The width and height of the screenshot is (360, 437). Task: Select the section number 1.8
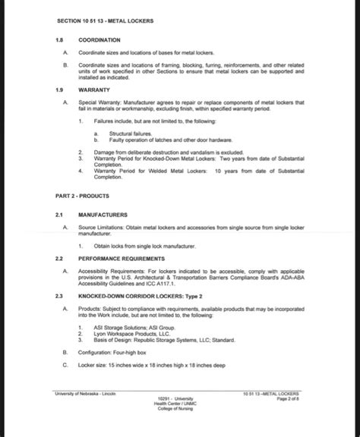[61, 39]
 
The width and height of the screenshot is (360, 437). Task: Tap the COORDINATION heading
[99, 39]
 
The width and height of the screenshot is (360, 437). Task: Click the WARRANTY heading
[94, 89]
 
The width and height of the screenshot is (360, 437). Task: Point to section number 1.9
[61, 89]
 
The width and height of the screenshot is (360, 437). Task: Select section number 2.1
[61, 215]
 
